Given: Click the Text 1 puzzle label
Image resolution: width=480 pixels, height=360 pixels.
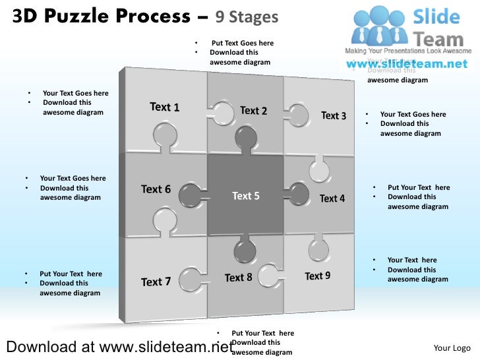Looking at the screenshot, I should (x=164, y=107).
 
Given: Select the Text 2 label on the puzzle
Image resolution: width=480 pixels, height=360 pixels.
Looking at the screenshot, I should (x=253, y=111).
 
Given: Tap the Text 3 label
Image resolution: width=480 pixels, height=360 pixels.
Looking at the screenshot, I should (x=334, y=116).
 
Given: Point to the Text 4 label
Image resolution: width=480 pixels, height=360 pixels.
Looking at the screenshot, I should (x=332, y=198).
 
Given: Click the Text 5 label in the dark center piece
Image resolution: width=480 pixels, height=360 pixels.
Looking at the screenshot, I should (x=245, y=196).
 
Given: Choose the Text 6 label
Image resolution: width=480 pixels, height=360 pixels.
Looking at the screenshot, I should (x=156, y=189).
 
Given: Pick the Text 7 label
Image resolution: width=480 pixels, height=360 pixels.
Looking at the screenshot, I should (x=156, y=282).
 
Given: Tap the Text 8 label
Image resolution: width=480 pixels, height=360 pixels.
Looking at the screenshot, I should (x=238, y=278).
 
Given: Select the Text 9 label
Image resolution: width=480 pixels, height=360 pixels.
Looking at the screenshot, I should (x=318, y=276).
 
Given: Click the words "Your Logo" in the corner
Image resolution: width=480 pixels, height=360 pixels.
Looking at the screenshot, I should (x=452, y=348).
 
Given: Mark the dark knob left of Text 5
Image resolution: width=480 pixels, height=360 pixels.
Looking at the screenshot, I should (x=190, y=196).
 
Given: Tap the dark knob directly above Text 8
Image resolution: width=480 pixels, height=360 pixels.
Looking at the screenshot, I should (x=245, y=250).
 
